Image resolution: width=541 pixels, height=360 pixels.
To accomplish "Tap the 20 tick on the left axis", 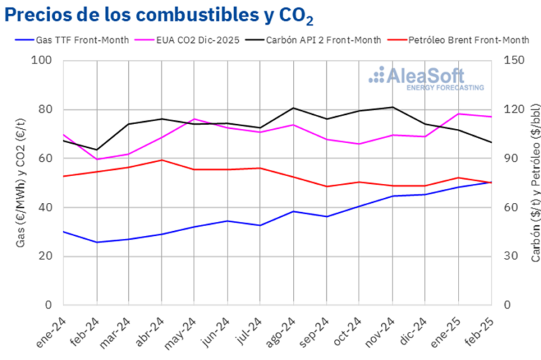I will click(46, 256).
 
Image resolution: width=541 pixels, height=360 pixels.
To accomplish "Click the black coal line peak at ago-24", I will click(294, 108).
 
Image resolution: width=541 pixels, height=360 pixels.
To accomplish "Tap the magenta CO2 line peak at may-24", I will click(194, 119).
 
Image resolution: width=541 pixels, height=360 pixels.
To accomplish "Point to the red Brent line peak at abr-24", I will click(162, 160).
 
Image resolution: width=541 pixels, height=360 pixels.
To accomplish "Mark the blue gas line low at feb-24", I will click(97, 242).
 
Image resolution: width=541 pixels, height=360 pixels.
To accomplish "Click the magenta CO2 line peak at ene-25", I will click(458, 113).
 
